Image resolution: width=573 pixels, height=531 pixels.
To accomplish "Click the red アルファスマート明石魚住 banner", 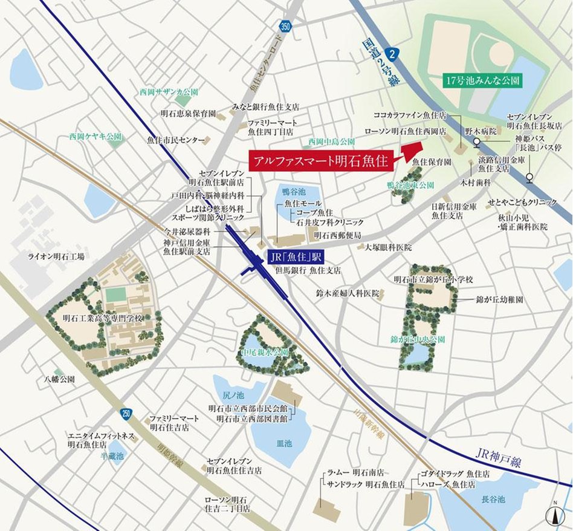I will tap(321, 162).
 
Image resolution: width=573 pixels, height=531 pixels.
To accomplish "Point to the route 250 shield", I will tap(126, 414).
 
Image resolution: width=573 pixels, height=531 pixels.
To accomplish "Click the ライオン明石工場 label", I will tap(56, 256).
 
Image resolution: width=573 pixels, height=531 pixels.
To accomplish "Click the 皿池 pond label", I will tap(283, 443).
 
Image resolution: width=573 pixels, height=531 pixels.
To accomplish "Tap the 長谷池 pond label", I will tap(491, 500).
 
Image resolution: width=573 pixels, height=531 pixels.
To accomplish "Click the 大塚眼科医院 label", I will tap(387, 247).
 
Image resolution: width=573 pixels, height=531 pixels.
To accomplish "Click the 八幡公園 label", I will tap(59, 380).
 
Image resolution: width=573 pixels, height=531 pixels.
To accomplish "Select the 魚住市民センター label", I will tap(176, 140).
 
